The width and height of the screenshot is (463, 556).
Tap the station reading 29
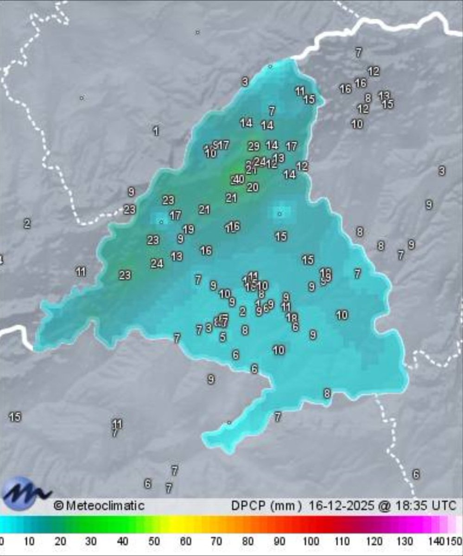[253, 146]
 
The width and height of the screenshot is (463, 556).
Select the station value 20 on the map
[253, 187]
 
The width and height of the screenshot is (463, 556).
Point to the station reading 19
[188, 229]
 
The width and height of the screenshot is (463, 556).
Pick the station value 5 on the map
[223, 337]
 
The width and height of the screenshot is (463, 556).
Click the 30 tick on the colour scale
[91, 541]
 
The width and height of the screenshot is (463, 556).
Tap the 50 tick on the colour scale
[154, 541]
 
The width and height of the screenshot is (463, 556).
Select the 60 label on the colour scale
[185, 541]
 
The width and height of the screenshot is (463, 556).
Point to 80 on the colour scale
[248, 541]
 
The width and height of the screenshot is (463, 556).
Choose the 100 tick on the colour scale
[311, 541]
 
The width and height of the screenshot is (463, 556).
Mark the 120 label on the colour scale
[374, 541]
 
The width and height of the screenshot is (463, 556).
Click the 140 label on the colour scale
[436, 541]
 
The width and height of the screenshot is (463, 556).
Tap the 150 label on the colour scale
[454, 541]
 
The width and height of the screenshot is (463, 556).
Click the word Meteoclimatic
[105, 505]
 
